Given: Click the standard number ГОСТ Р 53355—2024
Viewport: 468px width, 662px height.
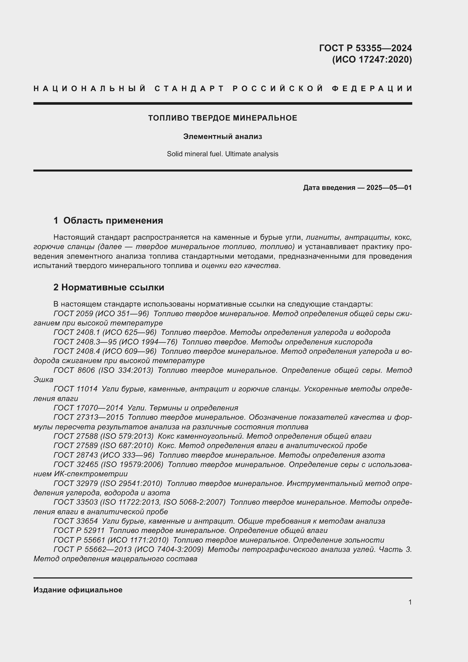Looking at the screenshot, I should (365, 48).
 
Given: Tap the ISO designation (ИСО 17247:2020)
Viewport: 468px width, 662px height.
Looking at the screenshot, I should (372, 59).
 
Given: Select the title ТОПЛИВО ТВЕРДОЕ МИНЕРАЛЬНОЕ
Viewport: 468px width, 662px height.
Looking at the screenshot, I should (222, 118).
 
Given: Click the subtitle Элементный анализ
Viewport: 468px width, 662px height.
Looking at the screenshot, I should (222, 136).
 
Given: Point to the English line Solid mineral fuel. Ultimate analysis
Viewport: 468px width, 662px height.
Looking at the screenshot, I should (222, 154).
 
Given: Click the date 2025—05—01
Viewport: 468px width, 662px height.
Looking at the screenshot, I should (389, 188).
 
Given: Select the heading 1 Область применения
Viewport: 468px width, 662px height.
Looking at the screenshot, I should (108, 220).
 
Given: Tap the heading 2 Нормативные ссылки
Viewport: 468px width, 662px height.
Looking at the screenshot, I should (109, 287).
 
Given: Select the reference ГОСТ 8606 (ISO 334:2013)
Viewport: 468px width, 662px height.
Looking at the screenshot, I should (103, 370).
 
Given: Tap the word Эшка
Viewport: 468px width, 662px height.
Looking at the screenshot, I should (43, 380).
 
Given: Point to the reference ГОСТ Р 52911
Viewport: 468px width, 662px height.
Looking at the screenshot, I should (79, 530).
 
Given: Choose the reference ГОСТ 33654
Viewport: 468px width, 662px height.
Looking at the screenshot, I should (76, 521).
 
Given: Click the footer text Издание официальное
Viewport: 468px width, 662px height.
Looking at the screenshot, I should (78, 590).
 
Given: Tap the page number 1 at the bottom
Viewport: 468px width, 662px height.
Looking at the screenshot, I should (410, 602).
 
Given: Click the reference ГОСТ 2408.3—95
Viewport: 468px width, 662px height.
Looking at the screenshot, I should (84, 342).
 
